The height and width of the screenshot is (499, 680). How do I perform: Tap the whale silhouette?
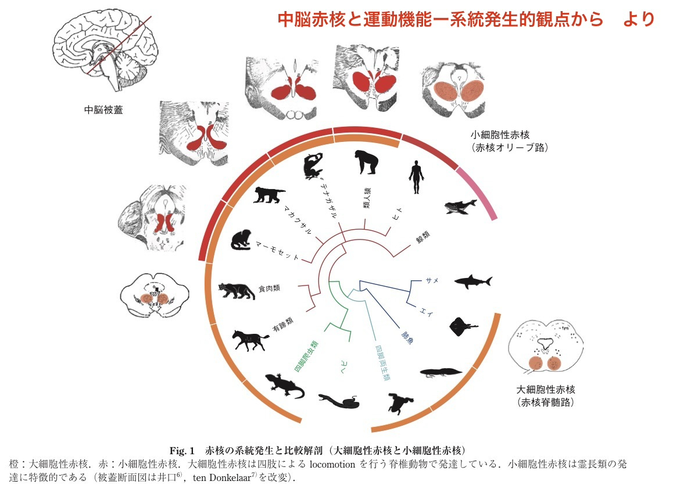(459, 205)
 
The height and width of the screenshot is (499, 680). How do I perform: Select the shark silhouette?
(473, 281)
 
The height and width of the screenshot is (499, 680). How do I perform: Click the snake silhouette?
(339, 401)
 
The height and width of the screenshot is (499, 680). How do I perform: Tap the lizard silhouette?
(285, 385)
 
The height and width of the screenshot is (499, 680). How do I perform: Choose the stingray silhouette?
(463, 326)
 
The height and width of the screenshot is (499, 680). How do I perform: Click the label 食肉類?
(270, 288)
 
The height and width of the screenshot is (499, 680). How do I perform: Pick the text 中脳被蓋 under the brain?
(101, 109)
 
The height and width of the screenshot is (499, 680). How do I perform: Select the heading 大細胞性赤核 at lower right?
(546, 389)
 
